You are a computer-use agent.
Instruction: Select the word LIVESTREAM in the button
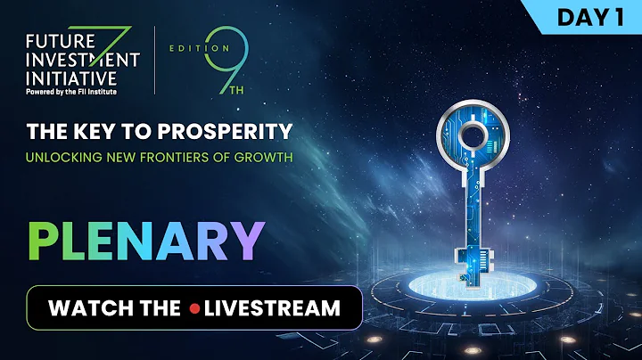272,308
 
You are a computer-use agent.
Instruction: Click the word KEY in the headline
86,132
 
